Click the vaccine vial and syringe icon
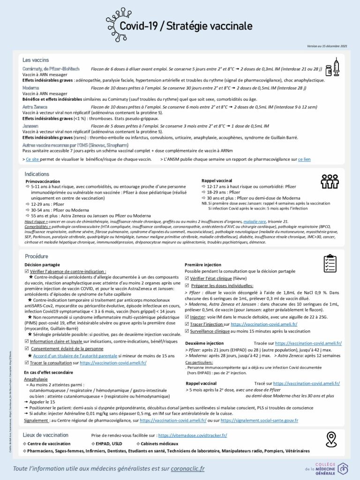pyautogui.click(x=332, y=67)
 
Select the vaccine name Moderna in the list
pyautogui.click(x=31, y=88)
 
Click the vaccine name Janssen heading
pyautogui.click(x=30, y=126)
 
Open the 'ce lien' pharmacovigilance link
pyautogui.click(x=304, y=159)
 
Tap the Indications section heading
pyautogui.click(x=37, y=173)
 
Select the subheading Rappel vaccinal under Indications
pyautogui.click(x=217, y=180)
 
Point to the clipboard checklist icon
pyautogui.click(x=330, y=263)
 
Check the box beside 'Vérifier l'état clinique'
pyautogui.click(x=187, y=278)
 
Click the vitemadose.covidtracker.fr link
pyautogui.click(x=192, y=435)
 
